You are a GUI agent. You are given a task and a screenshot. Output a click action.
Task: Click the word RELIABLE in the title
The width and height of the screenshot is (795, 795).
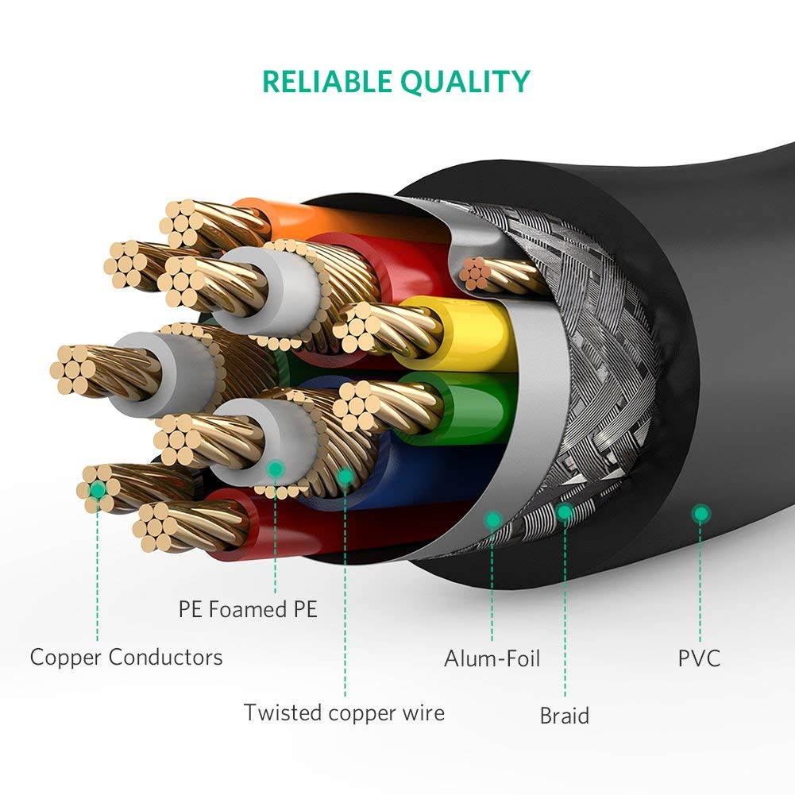326,82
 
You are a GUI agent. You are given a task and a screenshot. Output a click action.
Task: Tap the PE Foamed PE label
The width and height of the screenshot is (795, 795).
247,609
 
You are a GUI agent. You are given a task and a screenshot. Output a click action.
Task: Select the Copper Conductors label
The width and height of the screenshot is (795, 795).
126,658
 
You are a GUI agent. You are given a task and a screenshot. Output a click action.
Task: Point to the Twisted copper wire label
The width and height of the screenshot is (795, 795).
344,712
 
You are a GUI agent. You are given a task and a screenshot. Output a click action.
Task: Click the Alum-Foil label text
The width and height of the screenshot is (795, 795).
492,658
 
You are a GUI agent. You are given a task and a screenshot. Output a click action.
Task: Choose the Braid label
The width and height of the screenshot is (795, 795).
565,716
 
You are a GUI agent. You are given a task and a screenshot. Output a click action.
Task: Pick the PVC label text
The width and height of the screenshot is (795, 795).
699,658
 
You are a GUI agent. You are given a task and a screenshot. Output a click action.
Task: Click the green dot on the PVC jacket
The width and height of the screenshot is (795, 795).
700,514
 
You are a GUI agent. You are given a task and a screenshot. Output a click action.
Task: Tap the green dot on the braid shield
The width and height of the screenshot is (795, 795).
565,512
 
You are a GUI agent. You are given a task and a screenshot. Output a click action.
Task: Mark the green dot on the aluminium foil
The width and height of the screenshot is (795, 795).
492,520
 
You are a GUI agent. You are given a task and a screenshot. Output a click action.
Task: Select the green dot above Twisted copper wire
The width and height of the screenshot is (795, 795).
345,477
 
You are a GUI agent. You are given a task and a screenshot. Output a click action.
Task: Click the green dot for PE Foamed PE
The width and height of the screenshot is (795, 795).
275,469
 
